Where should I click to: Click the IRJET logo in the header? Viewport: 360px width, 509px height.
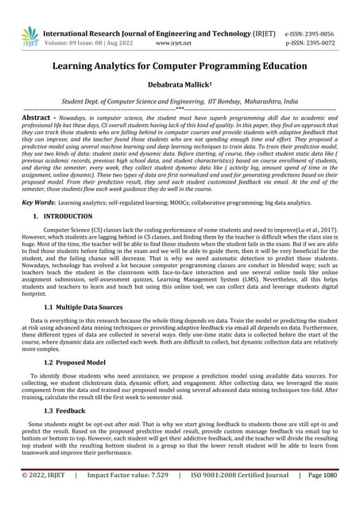click(x=29, y=35)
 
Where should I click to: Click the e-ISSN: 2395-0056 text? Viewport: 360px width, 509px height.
click(x=309, y=34)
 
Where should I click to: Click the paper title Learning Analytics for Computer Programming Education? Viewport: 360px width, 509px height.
click(x=180, y=69)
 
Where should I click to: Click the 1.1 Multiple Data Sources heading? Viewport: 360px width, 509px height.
click(x=83, y=306)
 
